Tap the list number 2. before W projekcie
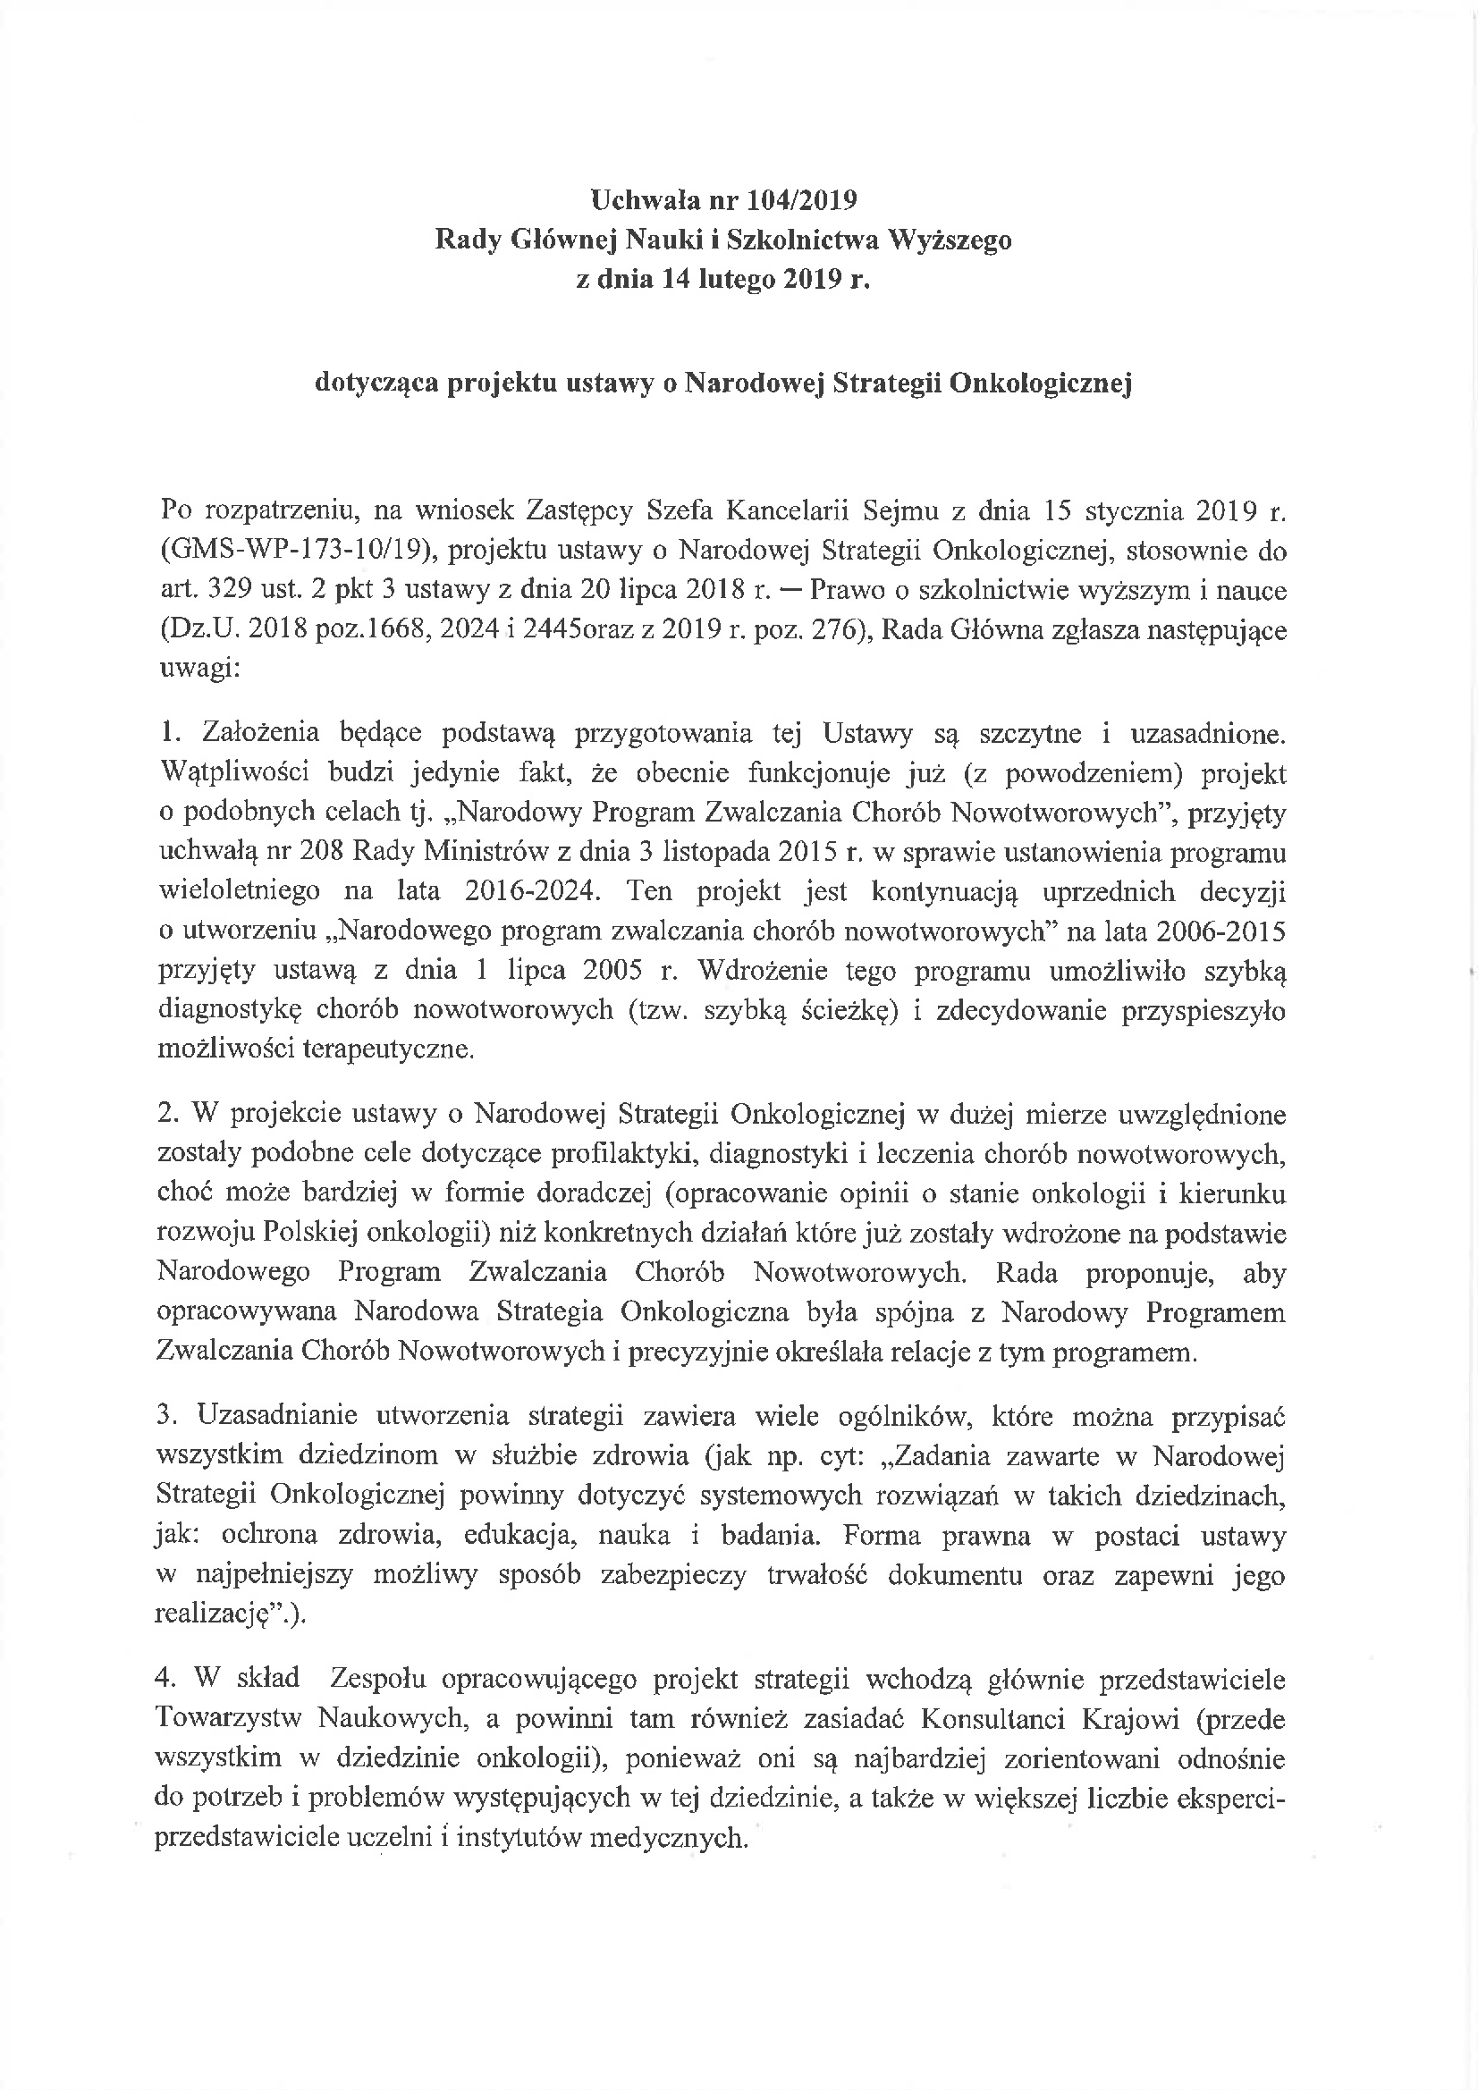point(166,1115)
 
